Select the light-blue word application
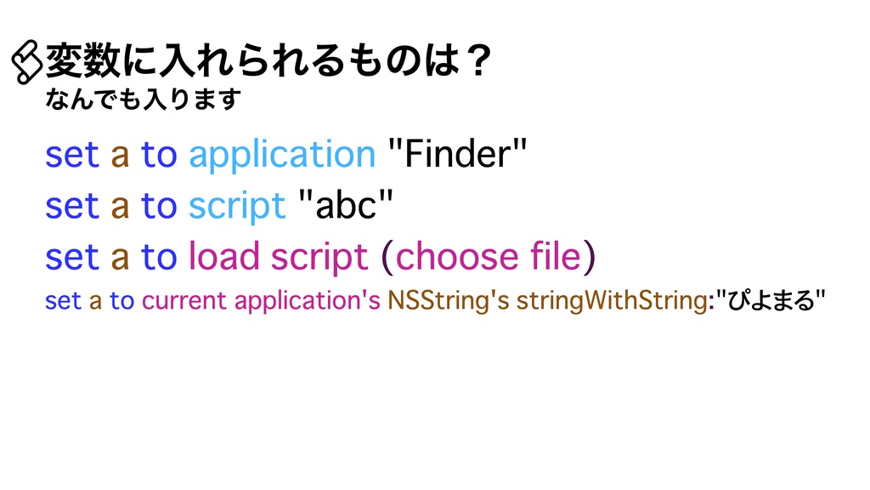tap(281, 156)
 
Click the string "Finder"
tap(456, 156)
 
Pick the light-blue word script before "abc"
tap(236, 206)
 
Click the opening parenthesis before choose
tap(387, 258)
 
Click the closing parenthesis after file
tap(589, 258)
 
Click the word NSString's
tap(448, 301)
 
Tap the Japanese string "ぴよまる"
tap(770, 301)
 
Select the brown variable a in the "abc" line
tap(121, 206)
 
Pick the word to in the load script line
tap(159, 257)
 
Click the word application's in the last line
tap(307, 301)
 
